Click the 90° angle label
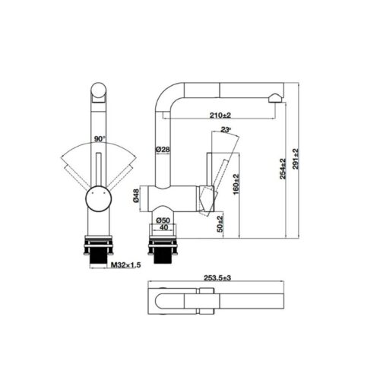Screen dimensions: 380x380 [x=99, y=139]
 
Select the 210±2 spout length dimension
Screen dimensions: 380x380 [x=220, y=116]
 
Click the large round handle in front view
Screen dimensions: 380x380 [x=98, y=199]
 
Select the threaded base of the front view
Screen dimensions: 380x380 [x=97, y=250]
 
